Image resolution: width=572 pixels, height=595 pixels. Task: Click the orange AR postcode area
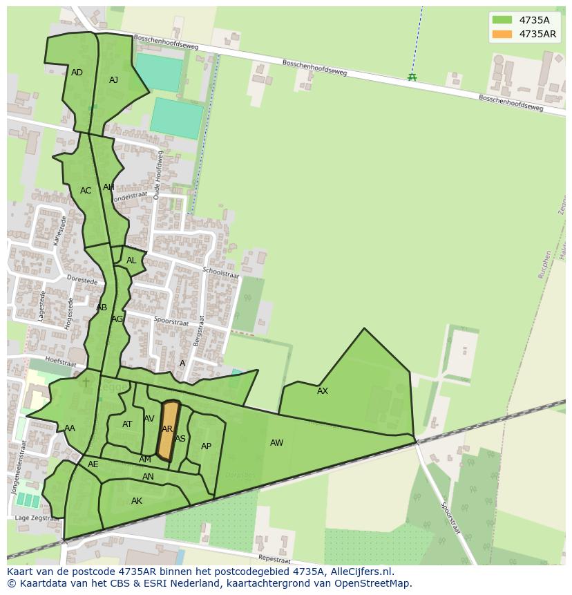point(168,430)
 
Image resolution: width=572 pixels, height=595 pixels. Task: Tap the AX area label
point(323,391)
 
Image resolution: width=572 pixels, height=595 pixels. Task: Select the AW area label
point(276,443)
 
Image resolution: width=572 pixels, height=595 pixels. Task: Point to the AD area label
point(77,73)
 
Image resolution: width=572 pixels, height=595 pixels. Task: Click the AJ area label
point(113,80)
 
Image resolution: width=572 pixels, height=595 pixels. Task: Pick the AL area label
point(131,261)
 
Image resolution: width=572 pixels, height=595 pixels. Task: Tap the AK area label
point(137,501)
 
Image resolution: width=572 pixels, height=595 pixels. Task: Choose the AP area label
point(206,446)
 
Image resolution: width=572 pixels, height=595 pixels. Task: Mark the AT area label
point(127,424)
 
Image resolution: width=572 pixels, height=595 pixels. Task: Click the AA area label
point(70,428)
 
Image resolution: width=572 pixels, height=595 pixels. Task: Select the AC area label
point(86,191)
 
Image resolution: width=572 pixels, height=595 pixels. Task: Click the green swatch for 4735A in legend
point(502,20)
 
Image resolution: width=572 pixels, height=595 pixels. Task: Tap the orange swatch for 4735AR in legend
point(502,34)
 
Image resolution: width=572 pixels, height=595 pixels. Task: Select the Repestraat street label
point(274,558)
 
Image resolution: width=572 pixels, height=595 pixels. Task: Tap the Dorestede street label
point(82,280)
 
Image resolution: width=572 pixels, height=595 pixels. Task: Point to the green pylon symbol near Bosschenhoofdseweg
point(412,77)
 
